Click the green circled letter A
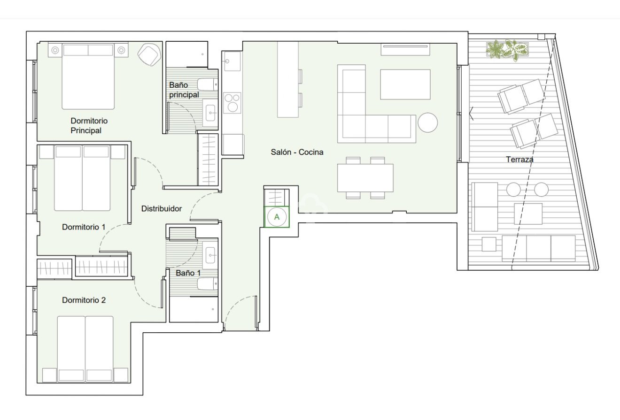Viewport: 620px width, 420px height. pos(277,217)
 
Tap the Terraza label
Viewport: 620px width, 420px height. pos(519,160)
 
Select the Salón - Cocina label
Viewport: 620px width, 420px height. pos(297,152)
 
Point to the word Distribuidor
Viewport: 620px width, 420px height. pos(162,209)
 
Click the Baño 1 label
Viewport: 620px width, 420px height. pos(188,273)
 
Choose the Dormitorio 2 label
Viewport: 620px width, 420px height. pos(84,300)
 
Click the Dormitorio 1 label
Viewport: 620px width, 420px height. pos(84,227)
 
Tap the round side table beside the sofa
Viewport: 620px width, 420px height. pos(428,123)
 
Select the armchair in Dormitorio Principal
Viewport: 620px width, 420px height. pos(148,54)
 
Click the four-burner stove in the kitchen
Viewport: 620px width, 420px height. pos(232,103)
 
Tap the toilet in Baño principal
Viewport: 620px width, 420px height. pos(207,85)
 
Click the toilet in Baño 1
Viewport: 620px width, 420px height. pos(207,284)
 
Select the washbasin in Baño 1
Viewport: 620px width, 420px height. pos(210,255)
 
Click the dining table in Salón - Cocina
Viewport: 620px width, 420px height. pos(365,177)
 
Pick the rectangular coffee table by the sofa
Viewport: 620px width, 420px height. pos(405,84)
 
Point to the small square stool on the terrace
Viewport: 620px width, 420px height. pos(489,244)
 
